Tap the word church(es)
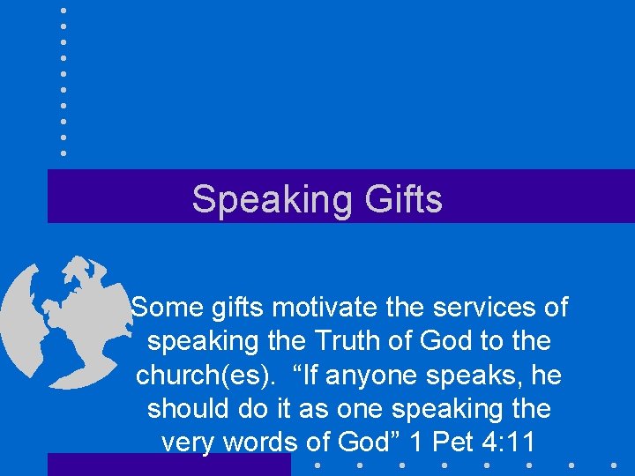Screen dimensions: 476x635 click(x=195, y=375)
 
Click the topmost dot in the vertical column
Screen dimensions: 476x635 click(x=63, y=11)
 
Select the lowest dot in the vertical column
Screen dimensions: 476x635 click(x=63, y=152)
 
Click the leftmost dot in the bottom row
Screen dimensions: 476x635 click(x=316, y=465)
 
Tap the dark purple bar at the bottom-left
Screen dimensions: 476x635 click(x=168, y=465)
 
